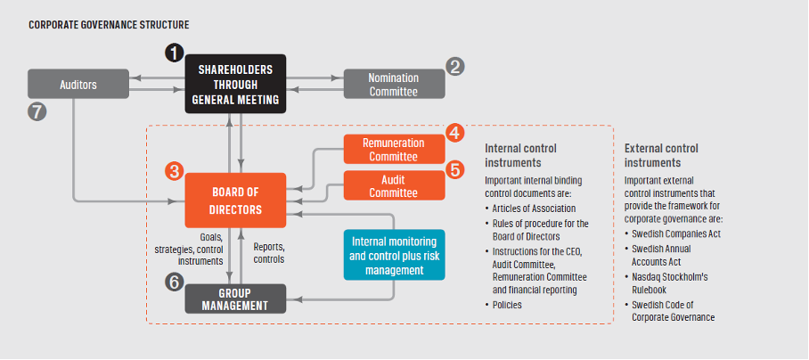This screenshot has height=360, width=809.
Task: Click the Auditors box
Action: tap(78, 84)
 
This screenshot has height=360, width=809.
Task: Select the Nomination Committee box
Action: tap(394, 84)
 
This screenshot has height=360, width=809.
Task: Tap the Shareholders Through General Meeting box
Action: tap(235, 84)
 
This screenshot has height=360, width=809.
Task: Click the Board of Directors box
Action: tap(235, 200)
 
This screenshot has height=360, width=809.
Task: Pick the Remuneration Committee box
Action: tap(394, 149)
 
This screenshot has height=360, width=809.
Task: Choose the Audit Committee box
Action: tap(394, 185)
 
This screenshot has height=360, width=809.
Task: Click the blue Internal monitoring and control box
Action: tap(394, 255)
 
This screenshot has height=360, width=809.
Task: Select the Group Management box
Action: tap(235, 299)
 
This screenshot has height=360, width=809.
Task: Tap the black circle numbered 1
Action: tap(175, 53)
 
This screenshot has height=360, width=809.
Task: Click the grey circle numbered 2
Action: tap(455, 67)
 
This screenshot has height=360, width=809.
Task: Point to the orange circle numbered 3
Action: tap(175, 171)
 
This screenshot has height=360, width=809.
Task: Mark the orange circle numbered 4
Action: tap(455, 133)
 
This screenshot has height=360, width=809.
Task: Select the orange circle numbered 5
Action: tap(455, 169)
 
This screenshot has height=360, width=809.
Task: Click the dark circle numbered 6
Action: tap(175, 282)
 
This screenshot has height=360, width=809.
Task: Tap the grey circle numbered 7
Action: tap(37, 111)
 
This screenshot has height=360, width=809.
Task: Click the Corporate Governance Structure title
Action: tap(109, 25)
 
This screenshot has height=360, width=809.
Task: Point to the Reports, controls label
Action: tap(269, 253)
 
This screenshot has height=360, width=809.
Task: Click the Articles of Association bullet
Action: tap(530, 209)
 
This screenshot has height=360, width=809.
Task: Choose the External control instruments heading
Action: tap(661, 155)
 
